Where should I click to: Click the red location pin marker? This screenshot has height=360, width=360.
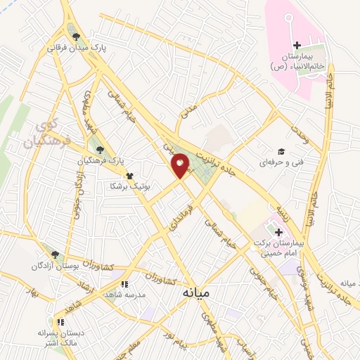[x=180, y=165]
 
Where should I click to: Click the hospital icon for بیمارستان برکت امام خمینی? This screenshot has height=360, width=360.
[x=278, y=233]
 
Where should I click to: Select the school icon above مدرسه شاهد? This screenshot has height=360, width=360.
[x=124, y=284]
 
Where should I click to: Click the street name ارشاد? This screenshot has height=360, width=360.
[x=82, y=273]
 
